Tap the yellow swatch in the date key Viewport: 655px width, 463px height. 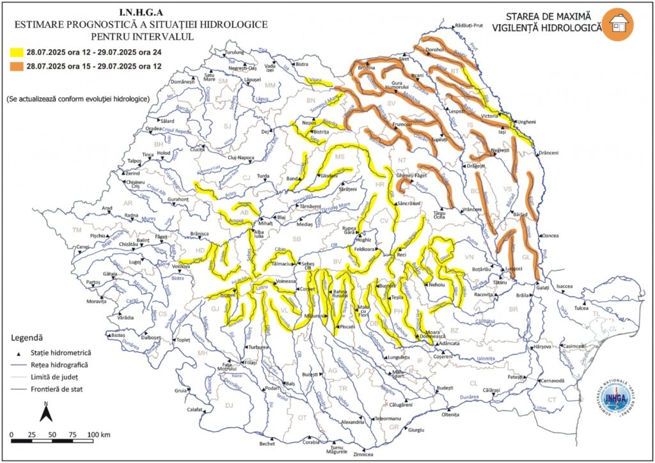tap(15, 54)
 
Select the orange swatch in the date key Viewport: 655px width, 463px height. tap(15, 67)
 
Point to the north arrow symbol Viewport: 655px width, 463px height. tap(46, 412)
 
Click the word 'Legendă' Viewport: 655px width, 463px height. tap(28, 337)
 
